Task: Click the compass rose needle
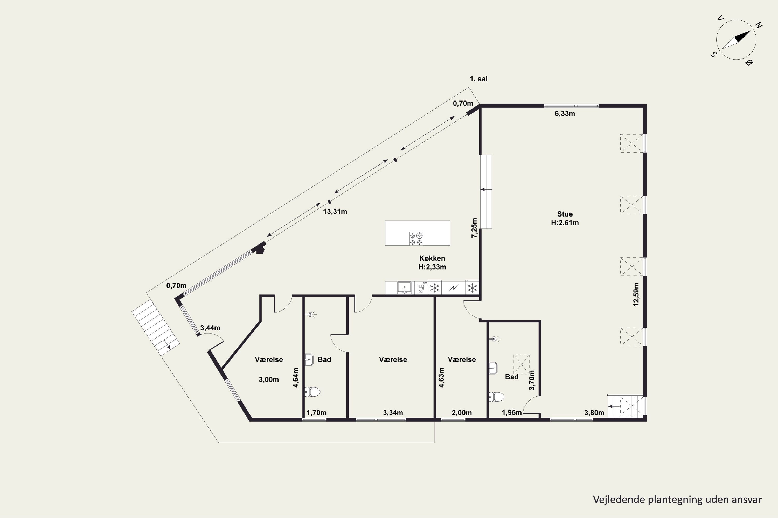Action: click(x=736, y=40)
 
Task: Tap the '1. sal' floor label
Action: click(x=479, y=79)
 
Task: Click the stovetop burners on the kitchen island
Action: click(x=416, y=239)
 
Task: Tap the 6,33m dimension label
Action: click(x=565, y=114)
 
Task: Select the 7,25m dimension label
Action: click(x=474, y=228)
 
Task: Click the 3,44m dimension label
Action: click(x=210, y=328)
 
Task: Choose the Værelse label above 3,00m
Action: click(x=269, y=359)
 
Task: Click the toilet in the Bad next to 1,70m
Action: click(x=312, y=392)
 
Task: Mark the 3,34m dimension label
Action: click(x=393, y=413)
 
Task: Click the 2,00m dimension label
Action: click(x=462, y=413)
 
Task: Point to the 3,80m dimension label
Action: click(x=594, y=413)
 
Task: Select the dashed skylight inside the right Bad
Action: click(x=521, y=364)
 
